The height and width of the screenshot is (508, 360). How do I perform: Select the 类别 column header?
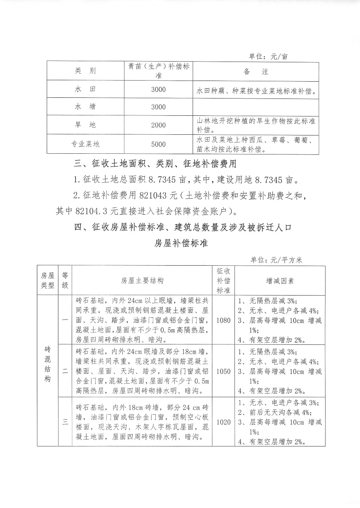click(85, 71)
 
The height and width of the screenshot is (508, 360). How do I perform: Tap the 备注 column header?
click(256, 71)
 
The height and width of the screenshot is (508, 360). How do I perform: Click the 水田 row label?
click(85, 89)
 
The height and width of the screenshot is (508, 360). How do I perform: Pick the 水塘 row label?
click(85, 107)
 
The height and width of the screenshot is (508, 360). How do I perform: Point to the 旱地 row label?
click(85, 125)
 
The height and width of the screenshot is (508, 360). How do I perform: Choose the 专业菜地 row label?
click(85, 144)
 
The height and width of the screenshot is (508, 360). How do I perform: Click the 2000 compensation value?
click(158, 125)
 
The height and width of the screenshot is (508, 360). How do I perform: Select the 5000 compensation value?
click(158, 144)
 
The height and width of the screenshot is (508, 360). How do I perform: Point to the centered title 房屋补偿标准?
click(181, 243)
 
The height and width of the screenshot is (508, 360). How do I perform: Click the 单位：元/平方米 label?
click(276, 260)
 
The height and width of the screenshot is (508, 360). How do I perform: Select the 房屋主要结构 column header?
click(142, 281)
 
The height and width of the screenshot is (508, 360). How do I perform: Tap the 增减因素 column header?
click(280, 281)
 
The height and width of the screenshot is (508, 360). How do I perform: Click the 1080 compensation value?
click(224, 320)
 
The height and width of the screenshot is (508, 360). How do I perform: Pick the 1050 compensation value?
click(224, 372)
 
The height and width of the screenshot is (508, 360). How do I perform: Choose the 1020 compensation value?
click(224, 422)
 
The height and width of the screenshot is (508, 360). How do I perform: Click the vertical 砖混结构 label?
click(47, 364)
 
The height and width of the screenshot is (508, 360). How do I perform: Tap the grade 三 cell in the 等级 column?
click(65, 422)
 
